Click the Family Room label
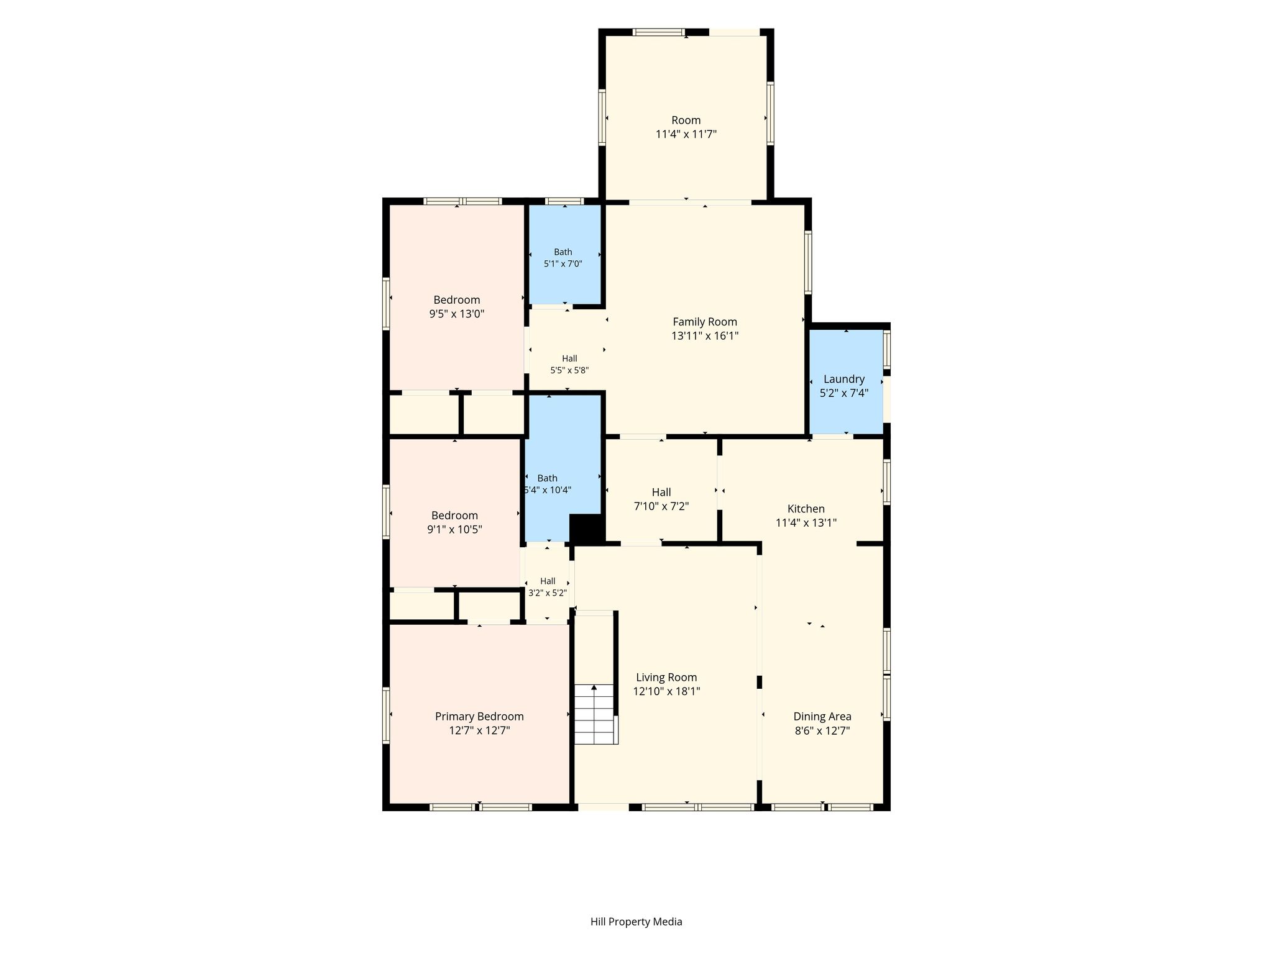(x=705, y=322)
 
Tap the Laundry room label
(x=843, y=379)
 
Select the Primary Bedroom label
(x=479, y=717)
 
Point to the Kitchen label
(x=806, y=509)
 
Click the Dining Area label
(x=822, y=717)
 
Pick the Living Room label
(x=666, y=678)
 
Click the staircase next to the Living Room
(x=595, y=714)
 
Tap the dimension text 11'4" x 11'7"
(x=686, y=134)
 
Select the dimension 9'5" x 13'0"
(x=457, y=314)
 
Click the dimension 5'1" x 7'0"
(x=563, y=263)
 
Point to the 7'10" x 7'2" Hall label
(x=661, y=499)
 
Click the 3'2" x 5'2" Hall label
(x=548, y=587)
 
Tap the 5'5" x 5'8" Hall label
(x=569, y=364)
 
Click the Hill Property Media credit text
(x=636, y=922)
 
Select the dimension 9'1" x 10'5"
(x=454, y=530)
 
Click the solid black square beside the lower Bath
(x=587, y=529)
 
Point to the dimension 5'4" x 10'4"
(x=548, y=490)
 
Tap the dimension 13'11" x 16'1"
(x=705, y=336)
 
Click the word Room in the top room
(x=686, y=120)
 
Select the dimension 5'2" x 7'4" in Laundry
(x=844, y=393)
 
